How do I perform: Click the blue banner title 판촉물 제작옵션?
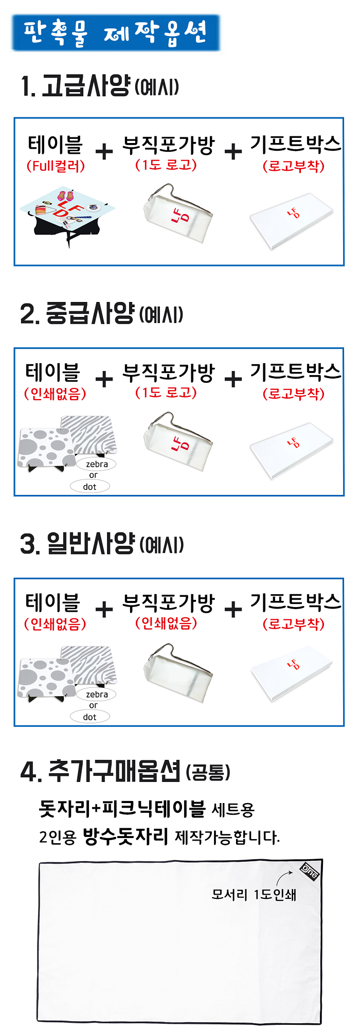(116, 33)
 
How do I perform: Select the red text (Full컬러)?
(56, 166)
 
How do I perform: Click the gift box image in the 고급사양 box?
(292, 221)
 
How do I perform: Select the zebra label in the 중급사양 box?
(97, 464)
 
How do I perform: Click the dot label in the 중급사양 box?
(90, 487)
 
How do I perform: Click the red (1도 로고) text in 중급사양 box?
(166, 393)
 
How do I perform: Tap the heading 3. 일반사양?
(102, 544)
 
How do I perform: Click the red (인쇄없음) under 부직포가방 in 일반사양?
(166, 623)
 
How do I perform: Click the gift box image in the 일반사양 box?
(292, 673)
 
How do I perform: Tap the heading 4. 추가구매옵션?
(125, 771)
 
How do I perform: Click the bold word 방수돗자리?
(125, 837)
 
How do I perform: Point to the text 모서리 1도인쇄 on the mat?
(254, 895)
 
